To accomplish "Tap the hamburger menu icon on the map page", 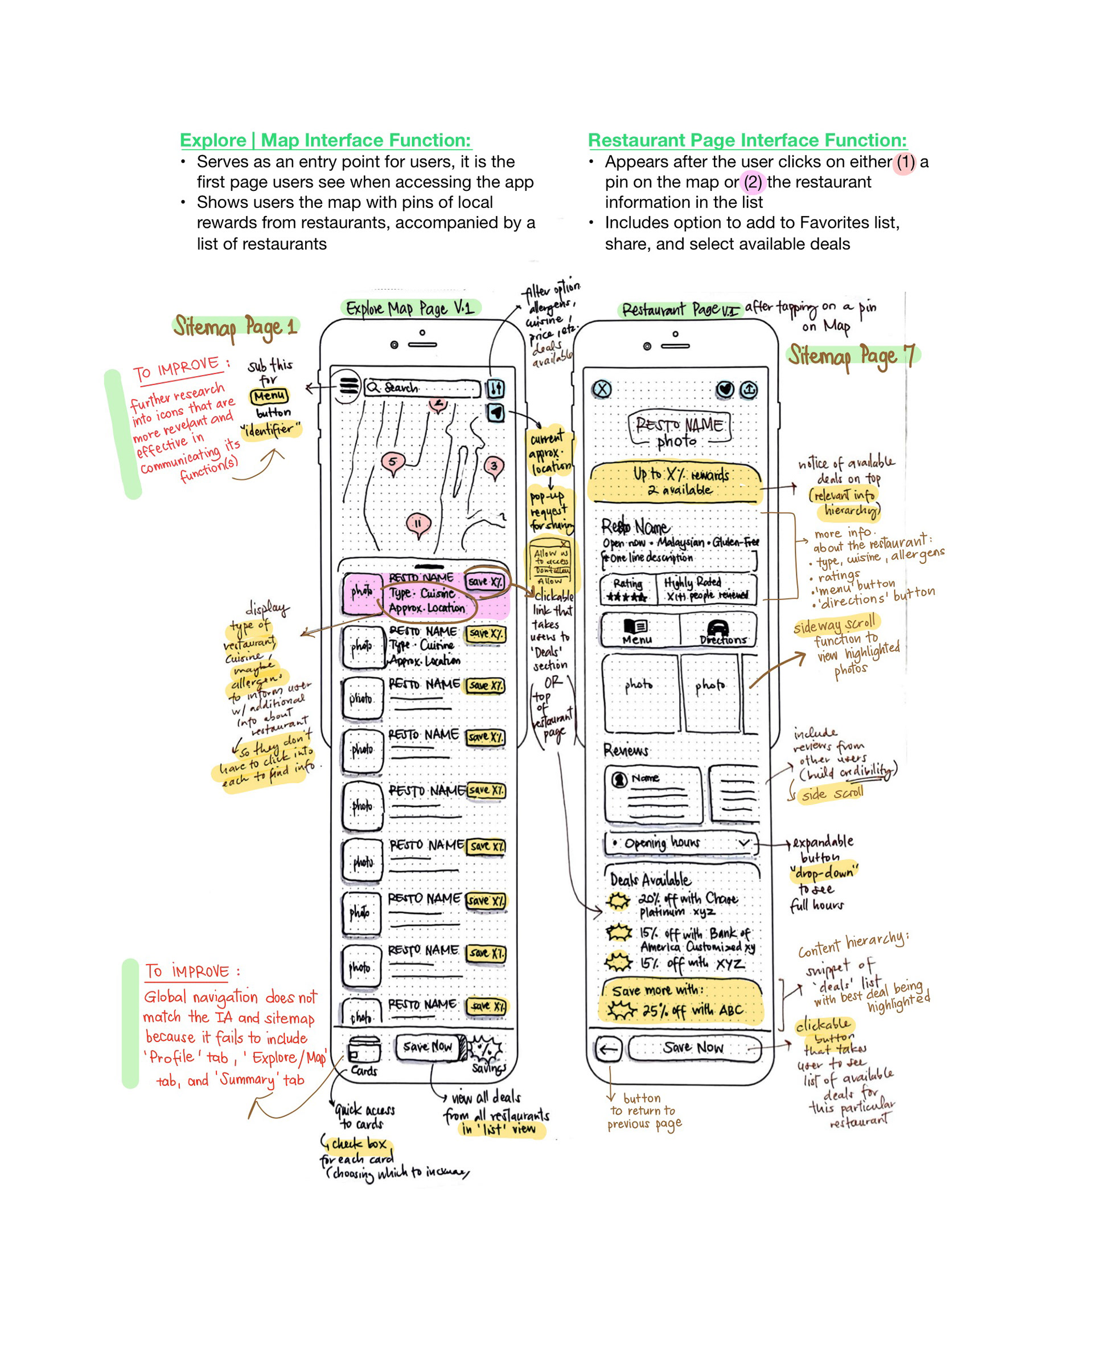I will [348, 385].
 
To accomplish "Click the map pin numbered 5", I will [393, 462].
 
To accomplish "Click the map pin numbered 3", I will [494, 466].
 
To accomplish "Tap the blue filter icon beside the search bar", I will [495, 388].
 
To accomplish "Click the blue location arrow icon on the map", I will [496, 413].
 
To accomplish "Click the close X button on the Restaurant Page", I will [601, 389].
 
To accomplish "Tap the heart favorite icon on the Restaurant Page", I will [725, 389].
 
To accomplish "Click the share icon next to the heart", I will [749, 389].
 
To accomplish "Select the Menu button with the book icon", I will [638, 630].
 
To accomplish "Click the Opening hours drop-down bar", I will [680, 843].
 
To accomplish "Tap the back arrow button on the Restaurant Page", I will [607, 1049].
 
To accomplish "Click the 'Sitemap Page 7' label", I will [852, 356].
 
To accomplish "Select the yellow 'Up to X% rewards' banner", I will [675, 482].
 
